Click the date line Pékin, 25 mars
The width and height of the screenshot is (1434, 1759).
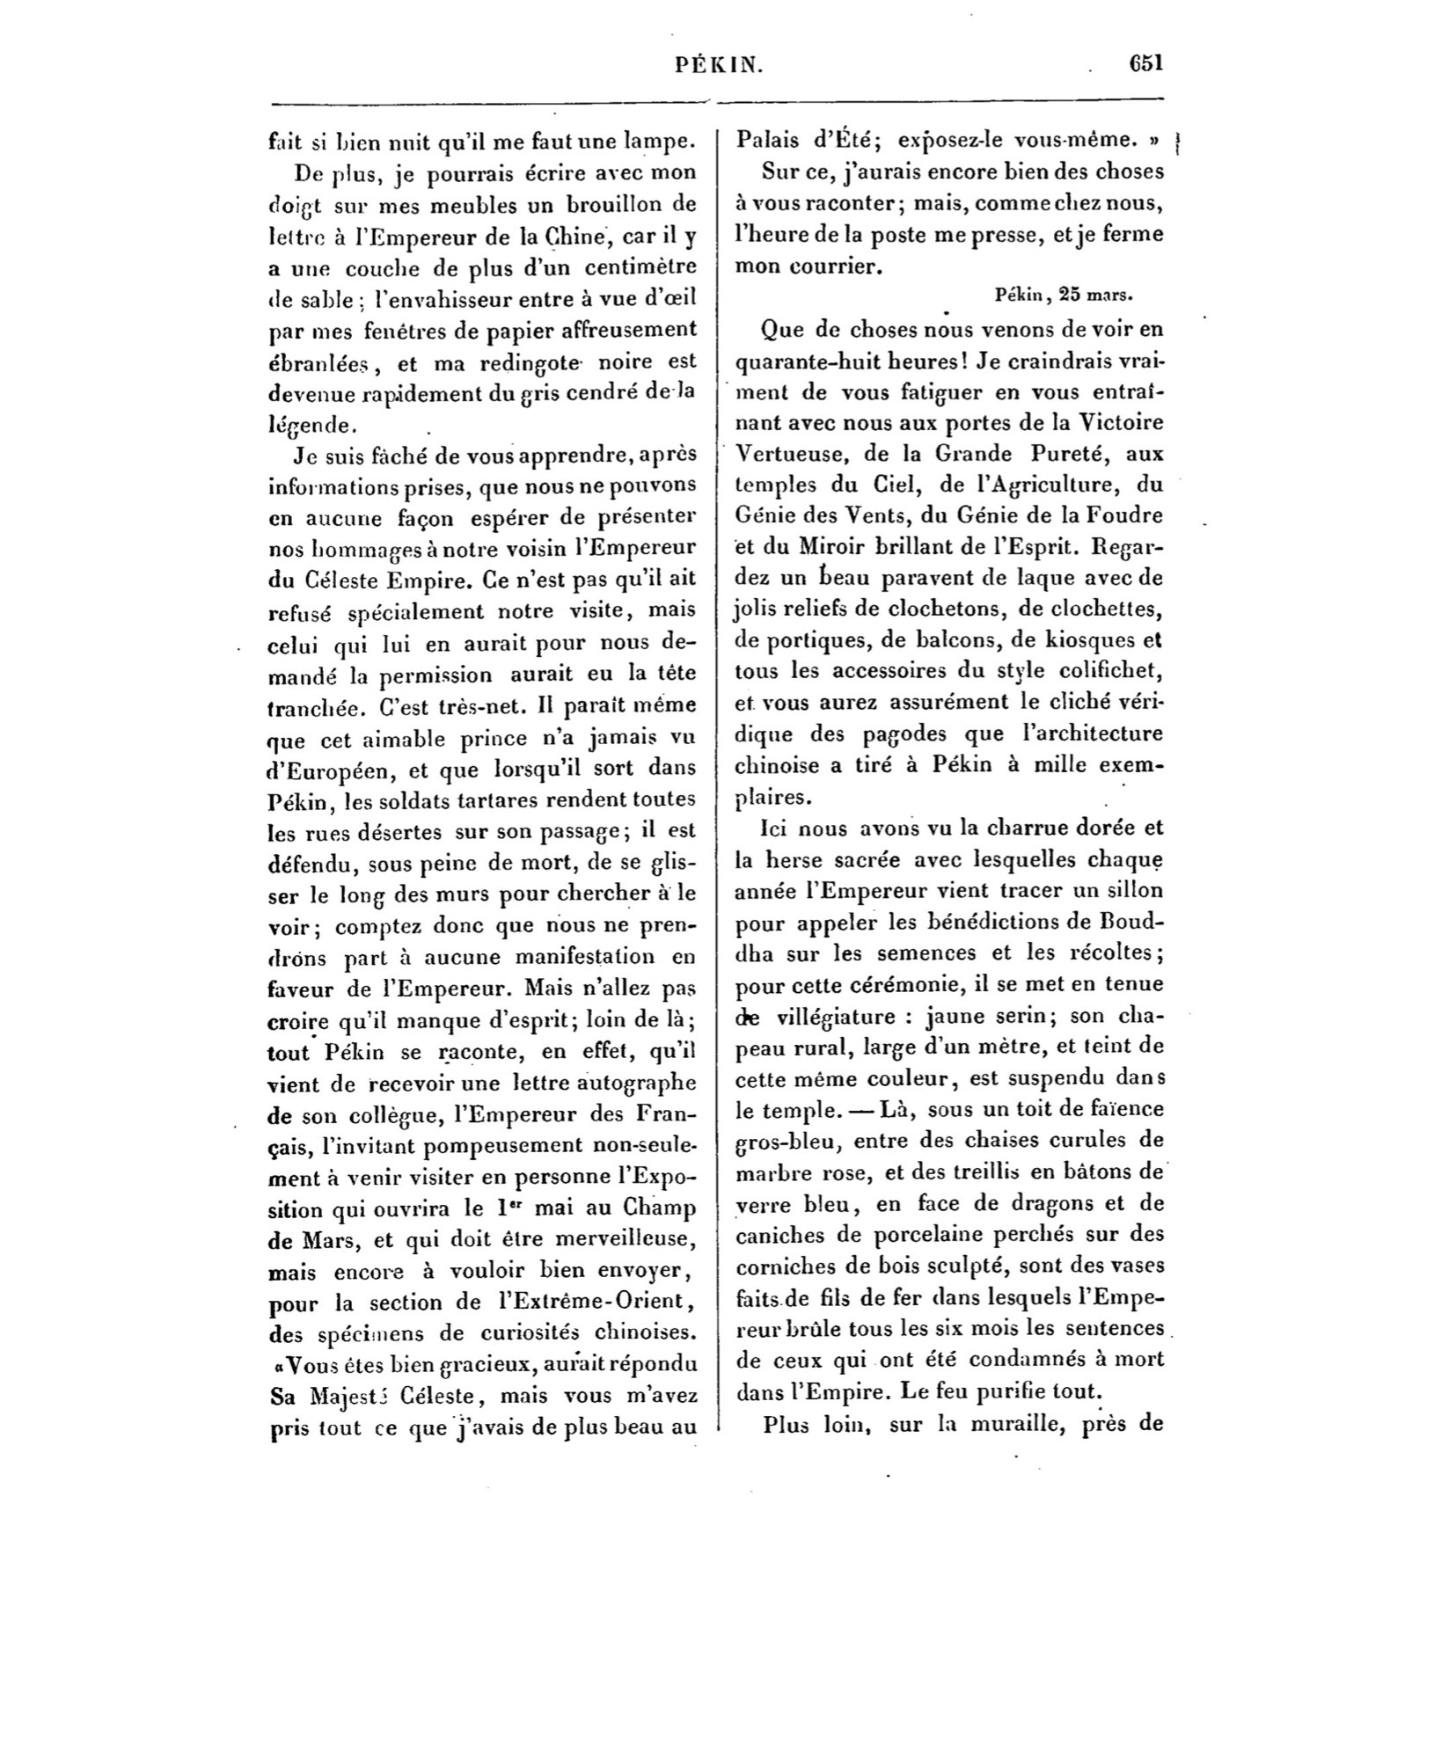click(x=1063, y=296)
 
